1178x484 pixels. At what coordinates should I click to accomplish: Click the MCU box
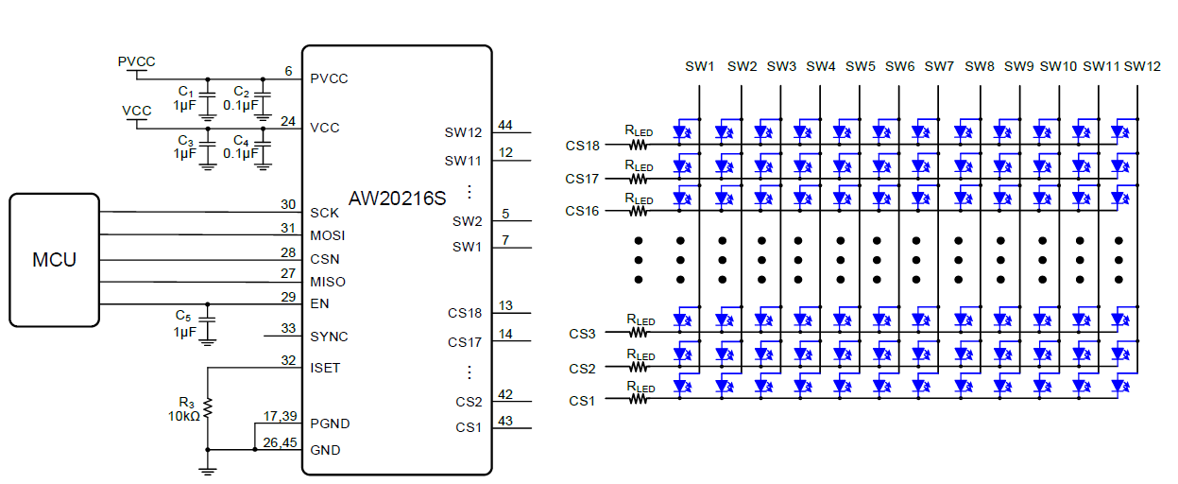[54, 260]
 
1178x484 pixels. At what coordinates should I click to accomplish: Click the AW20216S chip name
[396, 199]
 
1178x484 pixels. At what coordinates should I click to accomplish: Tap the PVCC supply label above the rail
[136, 61]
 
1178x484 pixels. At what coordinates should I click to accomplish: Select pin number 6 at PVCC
[287, 72]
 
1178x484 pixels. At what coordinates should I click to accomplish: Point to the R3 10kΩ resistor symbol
[208, 408]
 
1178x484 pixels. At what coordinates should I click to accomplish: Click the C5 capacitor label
[183, 315]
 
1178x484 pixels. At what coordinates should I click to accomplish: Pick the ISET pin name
[325, 368]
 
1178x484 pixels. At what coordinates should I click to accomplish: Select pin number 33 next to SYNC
[287, 329]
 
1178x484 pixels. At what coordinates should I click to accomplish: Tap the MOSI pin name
[328, 235]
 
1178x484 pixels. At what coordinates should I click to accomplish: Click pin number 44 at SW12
[505, 126]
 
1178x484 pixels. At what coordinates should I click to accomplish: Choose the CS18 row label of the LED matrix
[583, 146]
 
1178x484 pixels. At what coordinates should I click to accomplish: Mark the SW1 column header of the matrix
[700, 66]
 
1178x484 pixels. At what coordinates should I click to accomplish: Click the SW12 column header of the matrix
[1142, 66]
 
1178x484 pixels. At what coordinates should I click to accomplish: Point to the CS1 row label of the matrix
[582, 401]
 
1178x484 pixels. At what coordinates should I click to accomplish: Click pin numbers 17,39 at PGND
[281, 416]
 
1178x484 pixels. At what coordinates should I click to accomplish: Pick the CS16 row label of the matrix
[583, 211]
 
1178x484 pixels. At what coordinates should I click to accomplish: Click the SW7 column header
[939, 66]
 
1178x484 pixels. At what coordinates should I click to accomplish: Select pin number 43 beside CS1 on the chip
[505, 421]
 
